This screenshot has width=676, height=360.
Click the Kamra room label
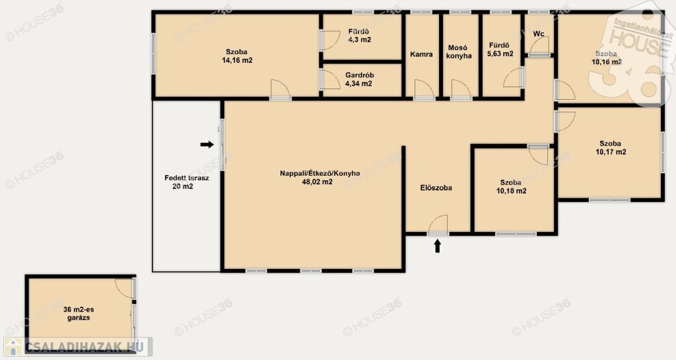tap(421, 54)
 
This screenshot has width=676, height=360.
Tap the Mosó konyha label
tap(459, 52)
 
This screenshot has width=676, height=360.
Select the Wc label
tap(539, 34)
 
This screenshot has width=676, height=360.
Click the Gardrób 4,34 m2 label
tap(359, 79)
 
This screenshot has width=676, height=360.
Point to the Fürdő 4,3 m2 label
tap(359, 36)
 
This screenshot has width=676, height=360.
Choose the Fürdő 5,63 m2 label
tap(501, 50)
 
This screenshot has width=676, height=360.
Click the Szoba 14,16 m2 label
tap(237, 57)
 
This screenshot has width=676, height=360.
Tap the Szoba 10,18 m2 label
tap(511, 187)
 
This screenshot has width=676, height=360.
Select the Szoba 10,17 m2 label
tap(611, 148)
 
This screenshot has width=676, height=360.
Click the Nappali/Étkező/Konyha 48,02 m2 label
tap(320, 178)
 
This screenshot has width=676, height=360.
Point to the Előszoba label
tap(436, 188)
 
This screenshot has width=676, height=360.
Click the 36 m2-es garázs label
tap(79, 314)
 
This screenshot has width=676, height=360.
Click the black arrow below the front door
tap(437, 246)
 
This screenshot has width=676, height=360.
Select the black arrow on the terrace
tap(207, 145)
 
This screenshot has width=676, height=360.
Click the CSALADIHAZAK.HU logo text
tap(87, 346)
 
